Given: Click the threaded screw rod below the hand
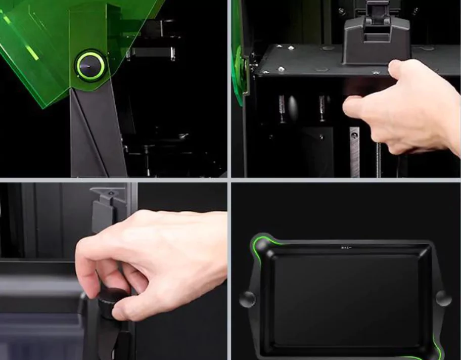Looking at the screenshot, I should [379, 159].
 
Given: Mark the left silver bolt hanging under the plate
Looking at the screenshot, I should [282, 109].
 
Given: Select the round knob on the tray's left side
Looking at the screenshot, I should [247, 299].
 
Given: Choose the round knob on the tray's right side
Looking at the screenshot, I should [443, 298].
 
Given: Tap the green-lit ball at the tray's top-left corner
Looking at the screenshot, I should [261, 245].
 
